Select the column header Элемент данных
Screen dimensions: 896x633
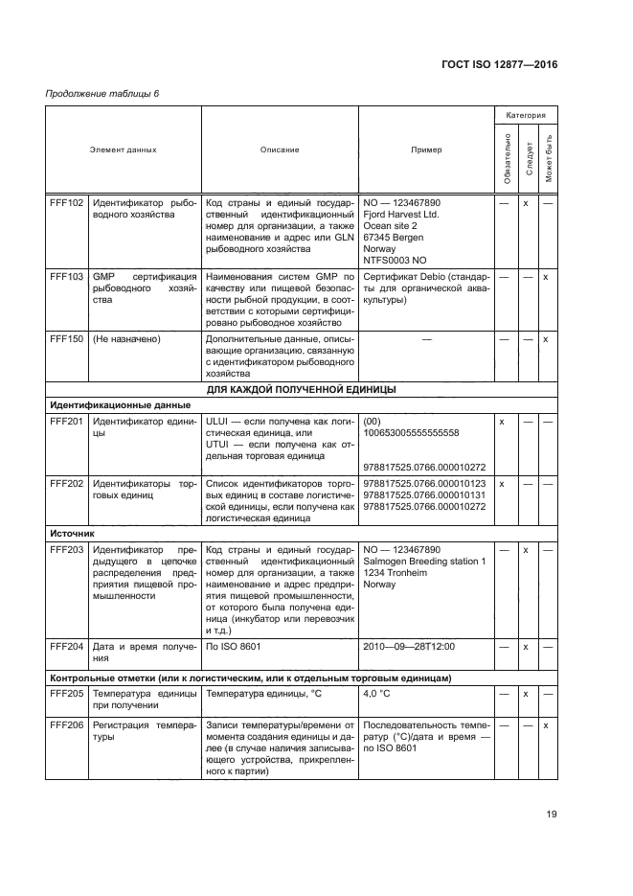[x=124, y=149]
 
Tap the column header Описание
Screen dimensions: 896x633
[x=280, y=149]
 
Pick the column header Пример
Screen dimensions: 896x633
[x=426, y=149]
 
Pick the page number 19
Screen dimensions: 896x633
[x=552, y=815]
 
